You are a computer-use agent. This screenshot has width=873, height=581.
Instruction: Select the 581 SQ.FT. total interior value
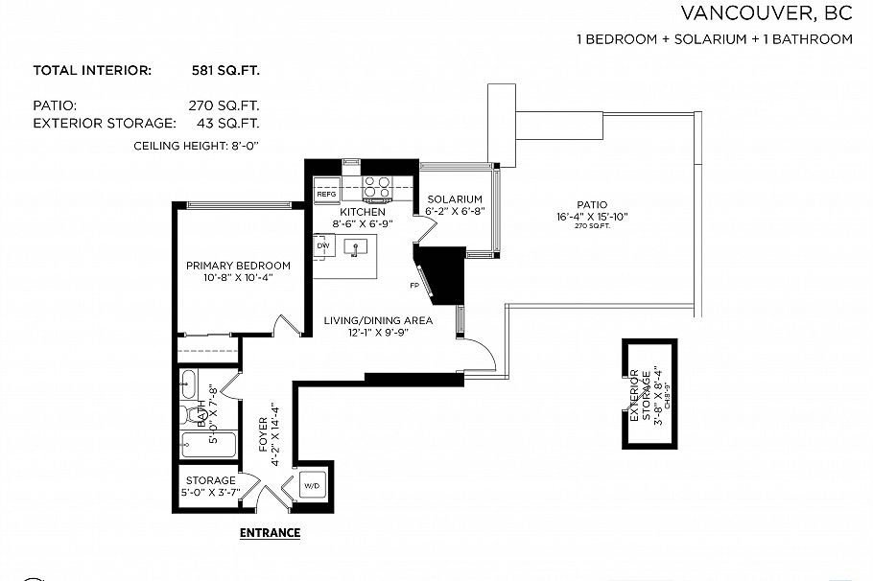[x=224, y=70]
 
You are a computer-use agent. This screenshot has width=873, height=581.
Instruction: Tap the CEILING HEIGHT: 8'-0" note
[x=197, y=145]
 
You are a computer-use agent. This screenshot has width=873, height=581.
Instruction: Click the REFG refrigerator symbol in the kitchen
[x=325, y=195]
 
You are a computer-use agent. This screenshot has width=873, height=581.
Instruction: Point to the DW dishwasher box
[x=322, y=246]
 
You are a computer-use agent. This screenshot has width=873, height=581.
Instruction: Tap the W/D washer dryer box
[x=313, y=486]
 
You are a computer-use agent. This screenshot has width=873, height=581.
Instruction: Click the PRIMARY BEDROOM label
[x=238, y=266]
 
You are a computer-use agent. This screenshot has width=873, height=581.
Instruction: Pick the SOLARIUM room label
[x=454, y=198]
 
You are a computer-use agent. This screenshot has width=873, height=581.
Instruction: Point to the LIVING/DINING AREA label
[x=377, y=320]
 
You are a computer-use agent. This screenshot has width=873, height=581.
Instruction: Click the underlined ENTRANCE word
[x=270, y=533]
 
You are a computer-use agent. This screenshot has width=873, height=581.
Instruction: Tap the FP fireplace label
[x=413, y=286]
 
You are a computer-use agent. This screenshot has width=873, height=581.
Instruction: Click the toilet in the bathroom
[x=187, y=416]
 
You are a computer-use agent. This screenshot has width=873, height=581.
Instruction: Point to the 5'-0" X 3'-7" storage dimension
[x=210, y=492]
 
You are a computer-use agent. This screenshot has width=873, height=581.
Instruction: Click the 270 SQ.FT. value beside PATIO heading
[x=224, y=105]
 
